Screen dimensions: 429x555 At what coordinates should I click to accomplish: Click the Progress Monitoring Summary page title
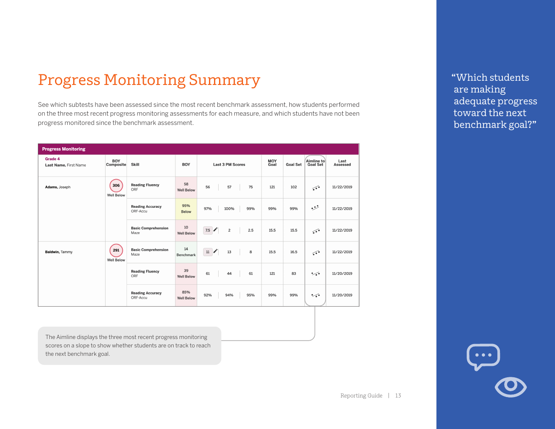[149, 80]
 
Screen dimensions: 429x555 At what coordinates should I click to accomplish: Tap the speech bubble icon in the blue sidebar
[483, 356]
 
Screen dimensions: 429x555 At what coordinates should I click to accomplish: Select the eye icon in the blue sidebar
[510, 387]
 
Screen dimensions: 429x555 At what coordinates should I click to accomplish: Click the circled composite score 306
[116, 185]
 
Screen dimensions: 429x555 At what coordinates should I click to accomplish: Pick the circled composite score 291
[116, 250]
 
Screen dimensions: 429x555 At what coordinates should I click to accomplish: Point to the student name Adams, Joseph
[58, 187]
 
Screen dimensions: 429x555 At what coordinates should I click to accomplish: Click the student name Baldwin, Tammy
[58, 252]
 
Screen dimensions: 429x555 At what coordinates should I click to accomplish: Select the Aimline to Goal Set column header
[315, 163]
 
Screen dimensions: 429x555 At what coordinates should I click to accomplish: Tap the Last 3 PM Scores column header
[229, 164]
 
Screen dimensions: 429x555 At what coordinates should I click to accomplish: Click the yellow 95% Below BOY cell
[186, 209]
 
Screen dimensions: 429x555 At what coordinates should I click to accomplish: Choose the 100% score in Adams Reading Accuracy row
[229, 209]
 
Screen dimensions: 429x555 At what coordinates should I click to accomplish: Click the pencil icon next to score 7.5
[216, 230]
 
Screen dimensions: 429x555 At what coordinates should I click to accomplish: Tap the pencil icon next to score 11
[216, 251]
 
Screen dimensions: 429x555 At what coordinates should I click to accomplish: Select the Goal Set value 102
[293, 187]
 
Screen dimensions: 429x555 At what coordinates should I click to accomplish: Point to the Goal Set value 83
[293, 273]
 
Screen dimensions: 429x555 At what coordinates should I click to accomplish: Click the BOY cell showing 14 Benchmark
[186, 252]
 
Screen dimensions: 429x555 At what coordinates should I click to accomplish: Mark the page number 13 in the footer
[398, 396]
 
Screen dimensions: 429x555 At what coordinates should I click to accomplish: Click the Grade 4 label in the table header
[53, 159]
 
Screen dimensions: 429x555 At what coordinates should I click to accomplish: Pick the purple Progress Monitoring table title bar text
[63, 149]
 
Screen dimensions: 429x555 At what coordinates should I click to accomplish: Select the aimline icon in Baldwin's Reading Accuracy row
[315, 295]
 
